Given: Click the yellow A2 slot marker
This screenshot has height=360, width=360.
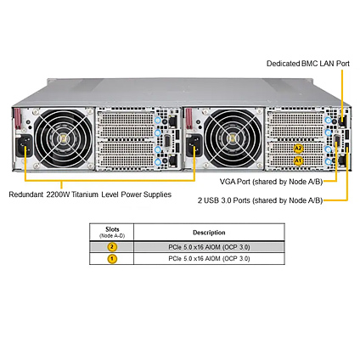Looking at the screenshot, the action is (x=298, y=149).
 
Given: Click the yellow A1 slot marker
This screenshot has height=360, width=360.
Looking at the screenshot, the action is (x=298, y=160).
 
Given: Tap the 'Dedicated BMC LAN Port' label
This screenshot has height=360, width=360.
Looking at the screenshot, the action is (x=308, y=64).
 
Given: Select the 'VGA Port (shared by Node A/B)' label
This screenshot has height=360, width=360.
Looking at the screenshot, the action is (x=271, y=182).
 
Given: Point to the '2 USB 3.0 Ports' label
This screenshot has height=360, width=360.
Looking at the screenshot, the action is (x=224, y=200).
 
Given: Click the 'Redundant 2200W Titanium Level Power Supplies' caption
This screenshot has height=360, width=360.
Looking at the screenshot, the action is (x=90, y=194).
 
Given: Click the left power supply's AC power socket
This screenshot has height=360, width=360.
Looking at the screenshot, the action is (x=24, y=145).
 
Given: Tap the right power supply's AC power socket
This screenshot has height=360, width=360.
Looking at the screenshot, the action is (x=194, y=145).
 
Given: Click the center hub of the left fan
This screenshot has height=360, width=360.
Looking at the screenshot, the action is (x=64, y=138).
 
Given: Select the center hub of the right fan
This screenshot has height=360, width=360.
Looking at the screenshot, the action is (x=233, y=138).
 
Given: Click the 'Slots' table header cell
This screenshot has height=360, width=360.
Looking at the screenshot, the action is (x=112, y=232).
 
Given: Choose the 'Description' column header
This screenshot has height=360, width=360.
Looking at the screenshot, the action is (x=209, y=233).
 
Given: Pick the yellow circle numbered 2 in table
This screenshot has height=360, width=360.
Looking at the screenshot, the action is (x=112, y=247).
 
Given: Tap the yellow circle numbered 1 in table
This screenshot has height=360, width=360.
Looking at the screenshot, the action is (x=112, y=258).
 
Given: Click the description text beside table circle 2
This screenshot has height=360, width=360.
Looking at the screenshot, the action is (x=209, y=247).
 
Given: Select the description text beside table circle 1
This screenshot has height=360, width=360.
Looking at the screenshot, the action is (x=209, y=258).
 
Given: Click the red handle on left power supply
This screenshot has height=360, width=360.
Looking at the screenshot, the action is (x=18, y=119).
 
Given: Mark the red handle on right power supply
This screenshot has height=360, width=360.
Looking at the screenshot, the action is (x=188, y=119).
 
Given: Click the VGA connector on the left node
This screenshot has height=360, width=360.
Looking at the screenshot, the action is (x=166, y=142).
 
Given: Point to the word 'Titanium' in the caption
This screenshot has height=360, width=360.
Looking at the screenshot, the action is (x=85, y=194).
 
